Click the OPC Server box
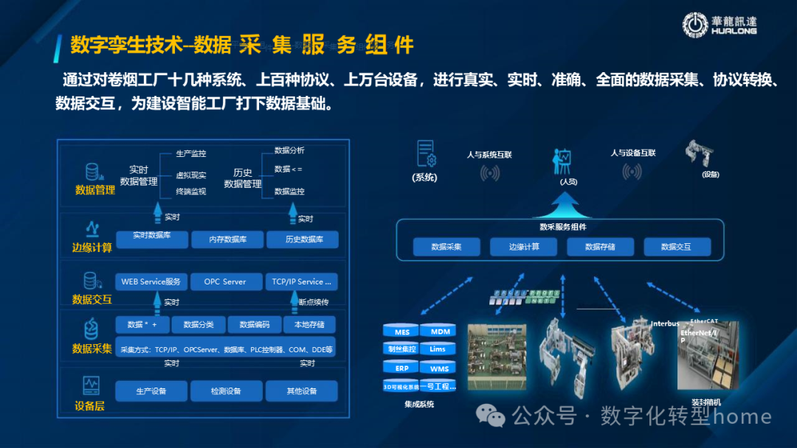point(225,281)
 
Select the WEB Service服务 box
point(151,281)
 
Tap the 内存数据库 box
point(227,239)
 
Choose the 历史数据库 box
point(303,239)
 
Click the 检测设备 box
point(227,391)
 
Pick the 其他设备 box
point(301,391)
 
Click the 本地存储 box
point(309,325)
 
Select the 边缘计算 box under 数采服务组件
point(523,247)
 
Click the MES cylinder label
point(401,332)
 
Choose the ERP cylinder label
point(401,368)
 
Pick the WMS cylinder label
point(438,368)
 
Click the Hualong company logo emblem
point(695,24)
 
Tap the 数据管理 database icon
point(92,172)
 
